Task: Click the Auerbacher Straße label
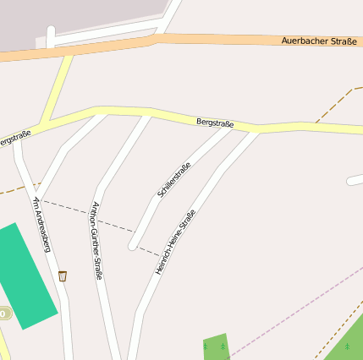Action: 318,41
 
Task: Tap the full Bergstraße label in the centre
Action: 214,123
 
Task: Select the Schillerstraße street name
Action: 173,179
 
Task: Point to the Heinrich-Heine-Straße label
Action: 175,242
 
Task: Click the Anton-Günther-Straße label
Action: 96,241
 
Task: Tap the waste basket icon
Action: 63,275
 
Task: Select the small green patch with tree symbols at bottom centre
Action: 216,346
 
